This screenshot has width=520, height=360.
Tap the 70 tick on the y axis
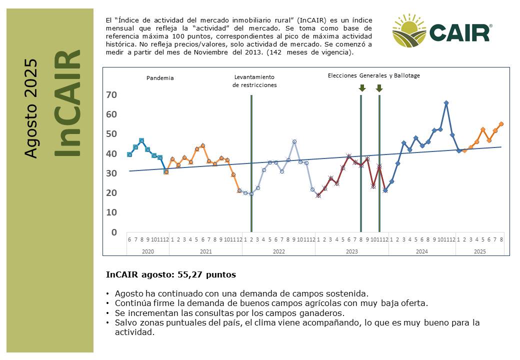point(111,95)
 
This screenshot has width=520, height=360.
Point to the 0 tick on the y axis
point(114,232)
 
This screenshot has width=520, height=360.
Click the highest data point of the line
point(446,103)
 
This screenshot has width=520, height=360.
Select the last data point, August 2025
point(501,124)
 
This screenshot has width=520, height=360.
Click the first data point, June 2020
point(129,154)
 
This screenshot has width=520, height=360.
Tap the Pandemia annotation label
point(160,78)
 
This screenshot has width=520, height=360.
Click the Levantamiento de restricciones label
point(254,81)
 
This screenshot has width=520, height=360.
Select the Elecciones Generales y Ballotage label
point(374,75)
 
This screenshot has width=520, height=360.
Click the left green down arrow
point(362,88)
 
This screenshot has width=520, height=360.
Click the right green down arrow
point(379,88)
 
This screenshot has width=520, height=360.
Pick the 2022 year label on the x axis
point(279,251)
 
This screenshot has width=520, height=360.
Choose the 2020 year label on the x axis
point(148,251)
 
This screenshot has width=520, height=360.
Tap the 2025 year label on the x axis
point(480,251)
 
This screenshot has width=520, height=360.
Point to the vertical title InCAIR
point(67,103)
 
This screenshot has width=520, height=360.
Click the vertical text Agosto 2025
point(30,108)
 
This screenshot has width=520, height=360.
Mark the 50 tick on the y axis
point(111,134)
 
